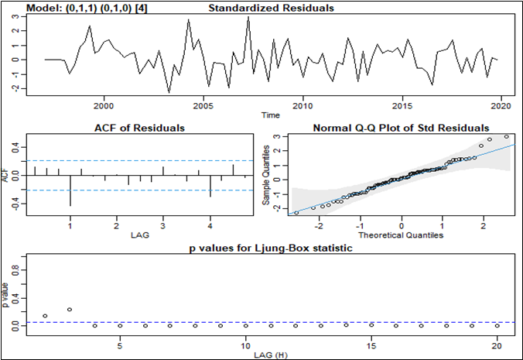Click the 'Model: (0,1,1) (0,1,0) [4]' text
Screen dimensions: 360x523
click(x=78, y=9)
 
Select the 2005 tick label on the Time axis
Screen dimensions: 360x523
click(x=203, y=106)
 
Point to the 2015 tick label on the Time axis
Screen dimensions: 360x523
click(x=402, y=106)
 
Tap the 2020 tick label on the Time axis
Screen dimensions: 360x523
click(x=501, y=106)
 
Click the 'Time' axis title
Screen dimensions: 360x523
click(x=271, y=115)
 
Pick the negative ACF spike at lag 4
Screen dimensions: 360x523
click(x=210, y=186)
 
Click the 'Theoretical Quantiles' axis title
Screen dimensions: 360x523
click(x=401, y=235)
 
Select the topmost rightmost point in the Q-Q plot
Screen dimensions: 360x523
click(x=506, y=137)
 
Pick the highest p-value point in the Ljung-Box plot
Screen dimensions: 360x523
click(x=70, y=310)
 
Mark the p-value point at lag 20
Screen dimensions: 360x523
click(x=496, y=325)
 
